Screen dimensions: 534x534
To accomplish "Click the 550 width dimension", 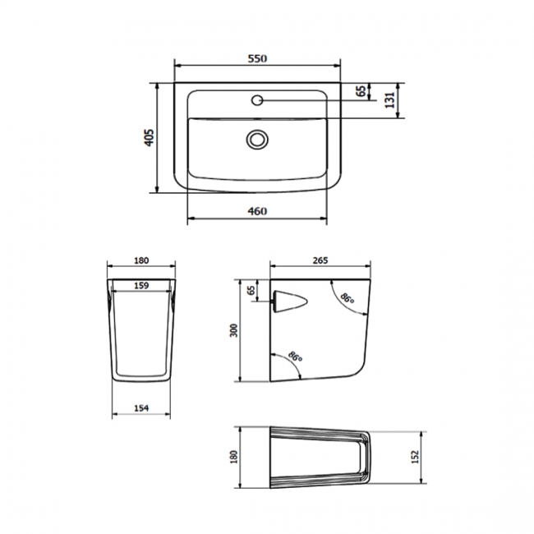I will (257, 59).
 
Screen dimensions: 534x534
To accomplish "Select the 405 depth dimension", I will (148, 137).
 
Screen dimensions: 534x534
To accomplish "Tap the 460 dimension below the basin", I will (257, 211).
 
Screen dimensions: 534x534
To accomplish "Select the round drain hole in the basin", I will (257, 139).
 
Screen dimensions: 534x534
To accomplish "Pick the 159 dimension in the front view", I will (140, 287).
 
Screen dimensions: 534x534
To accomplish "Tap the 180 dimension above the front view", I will (140, 260).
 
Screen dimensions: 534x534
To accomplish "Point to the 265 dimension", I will (320, 260).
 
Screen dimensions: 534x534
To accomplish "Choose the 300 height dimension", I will (233, 330).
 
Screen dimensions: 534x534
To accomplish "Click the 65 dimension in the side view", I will (251, 292).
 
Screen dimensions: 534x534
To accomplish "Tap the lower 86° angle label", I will (295, 359).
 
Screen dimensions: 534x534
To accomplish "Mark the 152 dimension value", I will (417, 453).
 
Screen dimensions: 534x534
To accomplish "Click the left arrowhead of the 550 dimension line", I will (177, 67).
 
